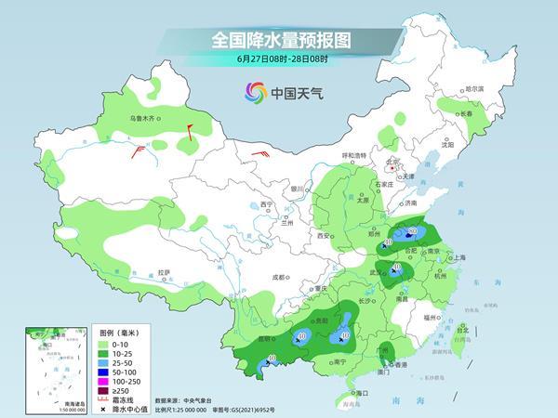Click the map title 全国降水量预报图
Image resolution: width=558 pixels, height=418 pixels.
(280, 41)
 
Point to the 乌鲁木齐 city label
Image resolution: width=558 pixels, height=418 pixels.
(146, 118)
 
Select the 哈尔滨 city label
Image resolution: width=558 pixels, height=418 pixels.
(474, 88)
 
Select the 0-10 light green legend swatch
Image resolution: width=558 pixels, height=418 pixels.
(80, 344)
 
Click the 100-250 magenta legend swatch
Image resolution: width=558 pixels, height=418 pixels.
(80, 381)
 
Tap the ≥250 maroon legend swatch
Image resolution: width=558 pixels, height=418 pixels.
(80, 391)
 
